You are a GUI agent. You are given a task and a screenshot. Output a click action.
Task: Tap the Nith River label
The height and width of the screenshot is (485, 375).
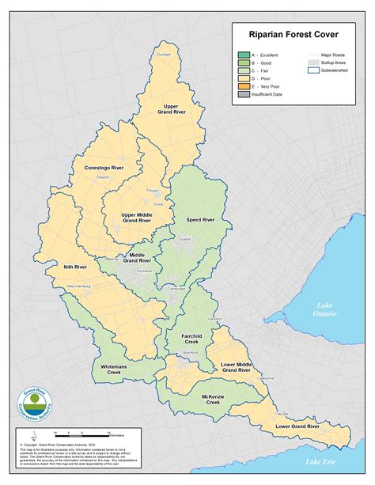[75, 267]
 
